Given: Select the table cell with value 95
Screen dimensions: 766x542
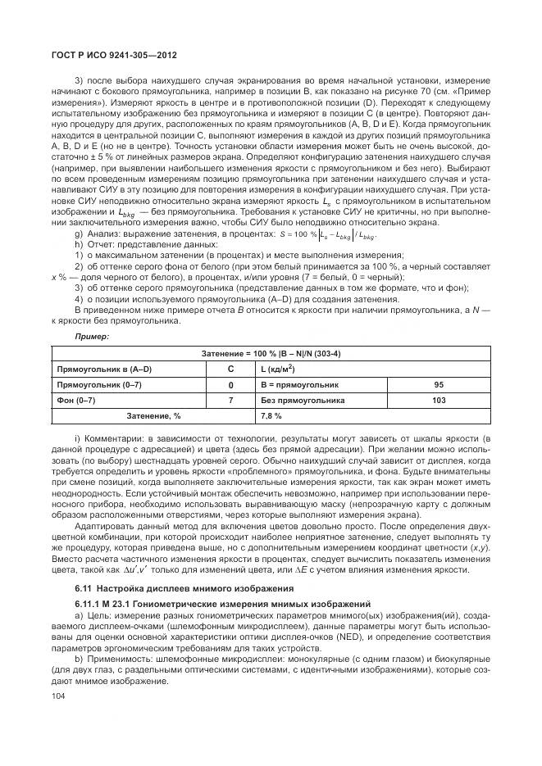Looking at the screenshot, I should tap(438, 384).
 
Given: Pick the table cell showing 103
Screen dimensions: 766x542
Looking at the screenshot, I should tap(438, 400).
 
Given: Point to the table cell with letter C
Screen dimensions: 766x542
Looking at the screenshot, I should tap(230, 369).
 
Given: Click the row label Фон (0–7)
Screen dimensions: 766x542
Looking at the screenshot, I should tap(77, 400).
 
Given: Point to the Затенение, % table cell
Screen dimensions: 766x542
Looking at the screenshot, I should tap(153, 416).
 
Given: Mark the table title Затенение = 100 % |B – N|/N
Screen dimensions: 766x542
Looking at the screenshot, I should tap(271, 353).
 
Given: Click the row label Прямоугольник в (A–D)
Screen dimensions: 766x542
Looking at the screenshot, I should tap(102, 369).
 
